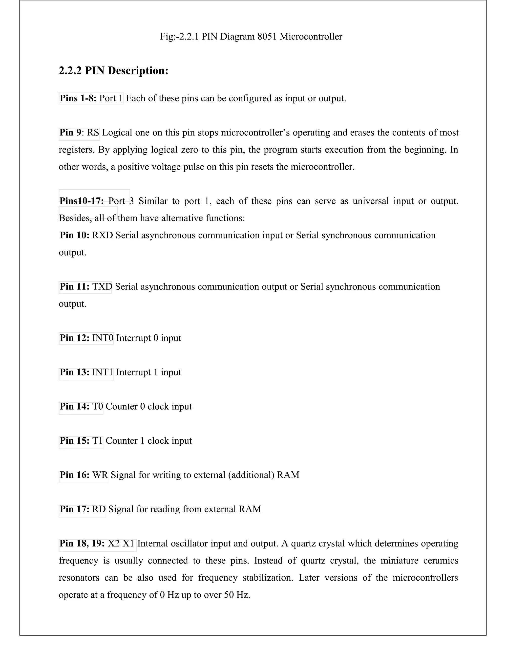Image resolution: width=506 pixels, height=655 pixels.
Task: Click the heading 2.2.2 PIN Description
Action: pyautogui.click(x=113, y=71)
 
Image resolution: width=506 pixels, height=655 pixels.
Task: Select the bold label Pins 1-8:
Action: pyautogui.click(x=78, y=98)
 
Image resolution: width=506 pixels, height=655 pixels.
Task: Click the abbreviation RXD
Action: pyautogui.click(x=103, y=235)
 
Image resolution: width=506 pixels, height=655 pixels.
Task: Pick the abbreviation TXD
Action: pyautogui.click(x=102, y=287)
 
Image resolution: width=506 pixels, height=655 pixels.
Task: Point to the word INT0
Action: pyautogui.click(x=103, y=338)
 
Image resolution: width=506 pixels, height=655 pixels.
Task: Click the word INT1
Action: pyautogui.click(x=103, y=372)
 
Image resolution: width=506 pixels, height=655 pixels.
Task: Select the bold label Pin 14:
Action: pyautogui.click(x=75, y=406)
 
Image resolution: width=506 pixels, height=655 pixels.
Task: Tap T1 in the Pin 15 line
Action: pyautogui.click(x=97, y=440)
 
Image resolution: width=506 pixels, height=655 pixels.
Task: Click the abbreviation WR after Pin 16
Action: pyautogui.click(x=100, y=475)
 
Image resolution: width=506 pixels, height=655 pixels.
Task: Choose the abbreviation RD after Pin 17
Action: pyautogui.click(x=99, y=509)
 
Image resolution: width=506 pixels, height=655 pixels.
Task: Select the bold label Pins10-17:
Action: pyautogui.click(x=82, y=201)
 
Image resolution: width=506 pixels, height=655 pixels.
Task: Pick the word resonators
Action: pyautogui.click(x=79, y=578)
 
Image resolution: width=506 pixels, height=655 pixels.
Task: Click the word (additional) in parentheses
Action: pyautogui.click(x=251, y=475)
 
